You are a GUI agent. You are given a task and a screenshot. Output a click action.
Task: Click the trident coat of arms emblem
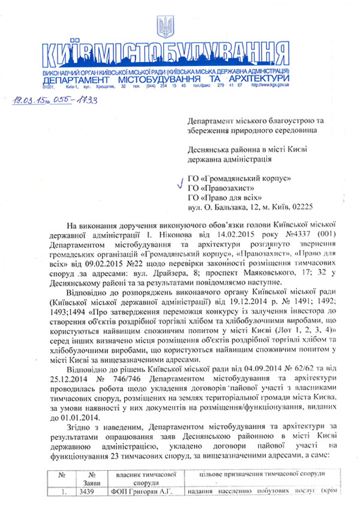point(164,28)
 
